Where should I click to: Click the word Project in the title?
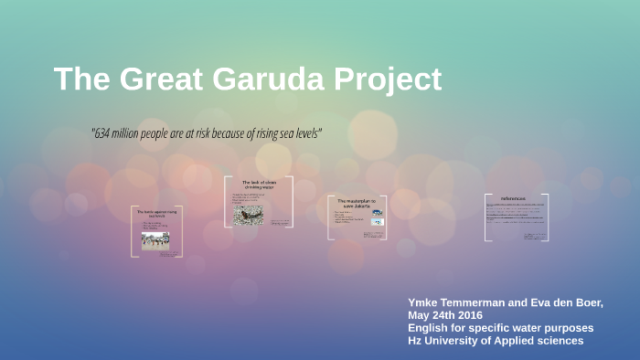click(x=388, y=79)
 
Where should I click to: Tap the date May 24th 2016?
click(x=445, y=315)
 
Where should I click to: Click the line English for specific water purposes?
click(x=500, y=328)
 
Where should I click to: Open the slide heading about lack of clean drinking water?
click(x=258, y=185)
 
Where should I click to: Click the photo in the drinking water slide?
click(x=247, y=215)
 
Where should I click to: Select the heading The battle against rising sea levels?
click(x=155, y=214)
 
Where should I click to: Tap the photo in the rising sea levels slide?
click(x=155, y=240)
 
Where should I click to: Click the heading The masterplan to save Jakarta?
click(x=357, y=203)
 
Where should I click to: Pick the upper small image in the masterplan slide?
click(x=378, y=213)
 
